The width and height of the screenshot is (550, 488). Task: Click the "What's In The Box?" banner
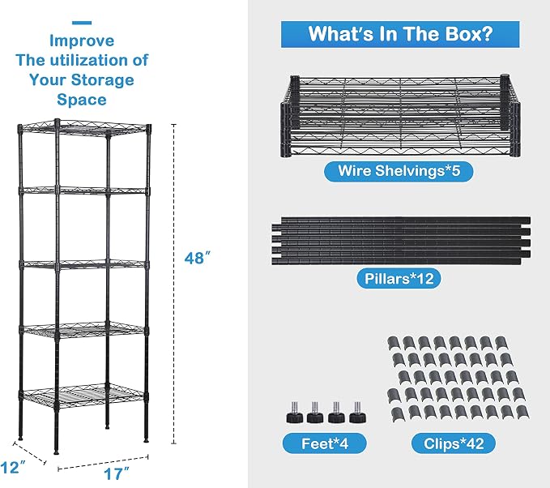point(400,34)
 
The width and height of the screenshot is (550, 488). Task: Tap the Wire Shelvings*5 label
point(399,171)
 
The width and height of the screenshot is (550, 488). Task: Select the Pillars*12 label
point(399,279)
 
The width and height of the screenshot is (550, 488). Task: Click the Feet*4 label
point(325,443)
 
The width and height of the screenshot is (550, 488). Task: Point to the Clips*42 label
point(454,443)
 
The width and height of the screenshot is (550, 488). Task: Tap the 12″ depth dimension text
point(13,468)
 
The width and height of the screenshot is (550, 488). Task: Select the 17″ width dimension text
point(117,474)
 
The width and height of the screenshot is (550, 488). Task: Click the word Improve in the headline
point(82,41)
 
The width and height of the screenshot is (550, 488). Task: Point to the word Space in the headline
point(82,100)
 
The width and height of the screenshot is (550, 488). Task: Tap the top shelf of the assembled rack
point(84,128)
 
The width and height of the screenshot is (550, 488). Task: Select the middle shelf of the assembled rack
point(84,264)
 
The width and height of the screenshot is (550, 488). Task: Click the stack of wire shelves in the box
point(400,115)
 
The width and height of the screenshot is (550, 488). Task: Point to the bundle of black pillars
point(401,241)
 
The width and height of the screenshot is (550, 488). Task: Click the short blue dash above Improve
point(82,23)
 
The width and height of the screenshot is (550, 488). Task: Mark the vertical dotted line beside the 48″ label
point(173,284)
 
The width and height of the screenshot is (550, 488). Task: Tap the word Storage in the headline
point(102,80)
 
